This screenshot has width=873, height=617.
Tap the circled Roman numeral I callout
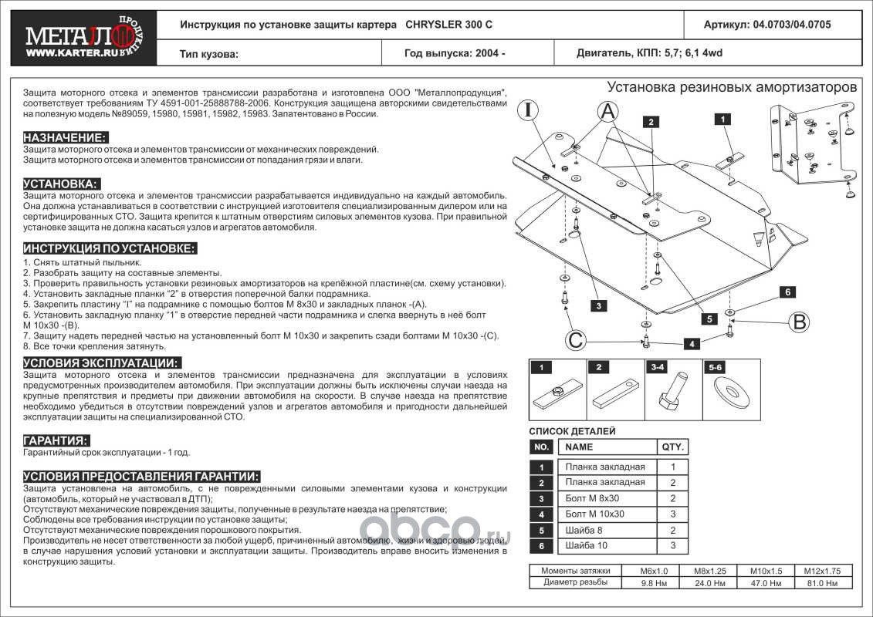[529, 111]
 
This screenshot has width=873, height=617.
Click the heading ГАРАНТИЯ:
[56, 440]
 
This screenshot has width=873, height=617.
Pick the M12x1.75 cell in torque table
[827, 571]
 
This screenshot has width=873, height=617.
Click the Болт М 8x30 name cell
[594, 498]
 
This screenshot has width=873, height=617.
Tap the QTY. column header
[672, 447]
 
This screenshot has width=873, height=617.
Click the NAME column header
[580, 447]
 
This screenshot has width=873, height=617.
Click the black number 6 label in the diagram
[787, 292]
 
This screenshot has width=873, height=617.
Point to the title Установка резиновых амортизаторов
[732, 87]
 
